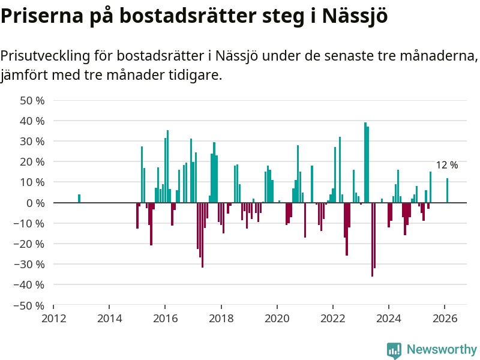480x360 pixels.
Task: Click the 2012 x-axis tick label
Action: [53, 318]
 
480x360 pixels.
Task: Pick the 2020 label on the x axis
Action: [277, 318]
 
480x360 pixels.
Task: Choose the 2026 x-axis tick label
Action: [445, 318]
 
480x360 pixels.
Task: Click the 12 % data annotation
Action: [446, 165]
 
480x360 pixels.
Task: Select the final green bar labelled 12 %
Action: [447, 190]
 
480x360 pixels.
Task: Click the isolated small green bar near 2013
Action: [79, 199]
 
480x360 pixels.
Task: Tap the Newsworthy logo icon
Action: [394, 350]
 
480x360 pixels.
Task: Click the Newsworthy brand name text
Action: [442, 349]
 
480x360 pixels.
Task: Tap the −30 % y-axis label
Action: [30, 264]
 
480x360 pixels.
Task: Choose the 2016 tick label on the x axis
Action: [165, 318]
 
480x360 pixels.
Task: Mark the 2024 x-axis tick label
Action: [389, 318]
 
